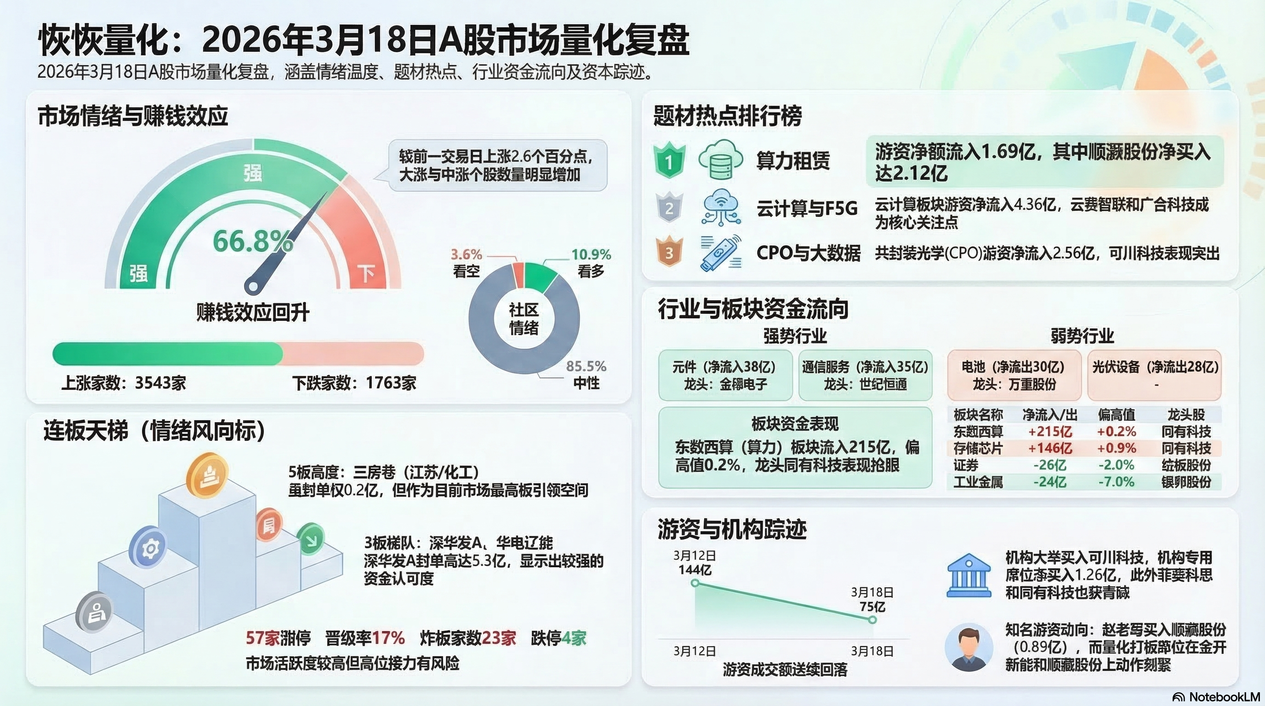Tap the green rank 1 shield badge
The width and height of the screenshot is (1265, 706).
tap(669, 160)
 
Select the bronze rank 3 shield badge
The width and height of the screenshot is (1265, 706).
tap(669, 252)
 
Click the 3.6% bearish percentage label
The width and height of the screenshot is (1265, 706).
tap(466, 254)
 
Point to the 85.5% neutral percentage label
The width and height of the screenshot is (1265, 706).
tap(586, 366)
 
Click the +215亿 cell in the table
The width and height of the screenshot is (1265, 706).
tap(1050, 432)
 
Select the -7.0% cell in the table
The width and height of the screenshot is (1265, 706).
tap(1116, 482)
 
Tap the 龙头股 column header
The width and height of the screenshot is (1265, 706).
tap(1186, 415)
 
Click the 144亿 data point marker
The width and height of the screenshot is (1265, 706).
tap(695, 583)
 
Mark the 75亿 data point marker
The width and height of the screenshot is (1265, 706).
tap(872, 620)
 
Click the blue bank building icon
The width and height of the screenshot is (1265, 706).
tap(968, 576)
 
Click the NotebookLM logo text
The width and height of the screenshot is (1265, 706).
tap(1217, 697)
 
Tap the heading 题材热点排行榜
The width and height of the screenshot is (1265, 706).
tap(727, 116)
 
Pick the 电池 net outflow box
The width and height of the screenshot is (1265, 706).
tap(1014, 375)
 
